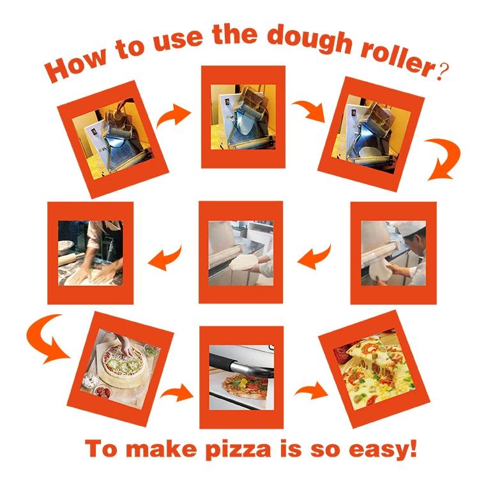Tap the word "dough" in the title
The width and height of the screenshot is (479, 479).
(301, 40)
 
